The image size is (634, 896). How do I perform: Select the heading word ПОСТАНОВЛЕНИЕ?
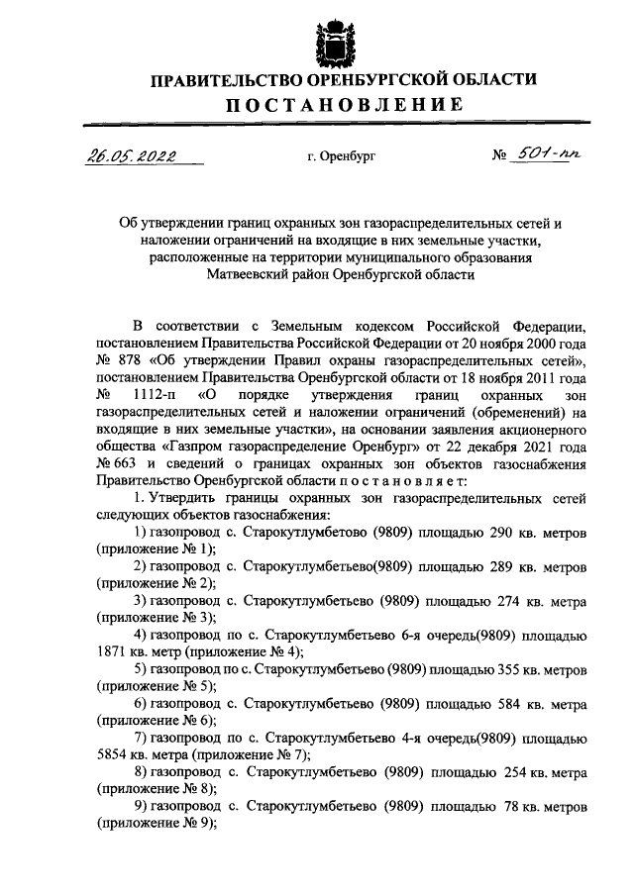point(342,105)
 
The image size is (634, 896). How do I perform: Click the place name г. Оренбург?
point(342,157)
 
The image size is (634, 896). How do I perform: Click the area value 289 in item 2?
point(503,567)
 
